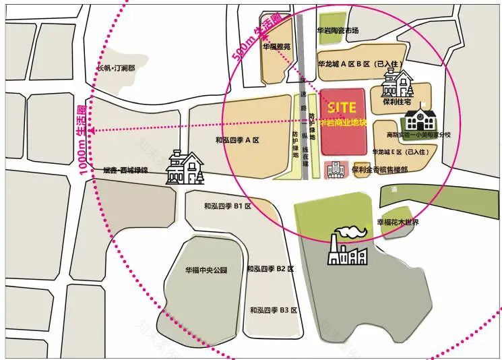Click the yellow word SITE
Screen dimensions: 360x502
point(342,107)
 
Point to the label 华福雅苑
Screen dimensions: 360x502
point(277,47)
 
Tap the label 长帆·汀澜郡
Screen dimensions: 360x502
point(117,68)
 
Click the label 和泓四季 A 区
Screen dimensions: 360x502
point(237,140)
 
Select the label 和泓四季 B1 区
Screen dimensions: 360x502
point(227,206)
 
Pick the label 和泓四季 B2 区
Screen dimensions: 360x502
point(270,269)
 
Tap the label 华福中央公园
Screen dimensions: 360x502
point(206,270)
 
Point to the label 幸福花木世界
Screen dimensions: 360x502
point(398,222)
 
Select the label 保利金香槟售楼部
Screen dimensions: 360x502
point(379,170)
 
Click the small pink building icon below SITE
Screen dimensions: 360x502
point(334,170)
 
